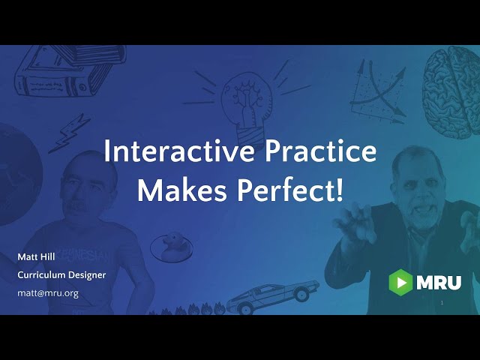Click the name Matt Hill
(37, 257)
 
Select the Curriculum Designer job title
(61, 275)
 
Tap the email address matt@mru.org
(48, 293)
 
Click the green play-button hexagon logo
(400, 282)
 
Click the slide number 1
(442, 303)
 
